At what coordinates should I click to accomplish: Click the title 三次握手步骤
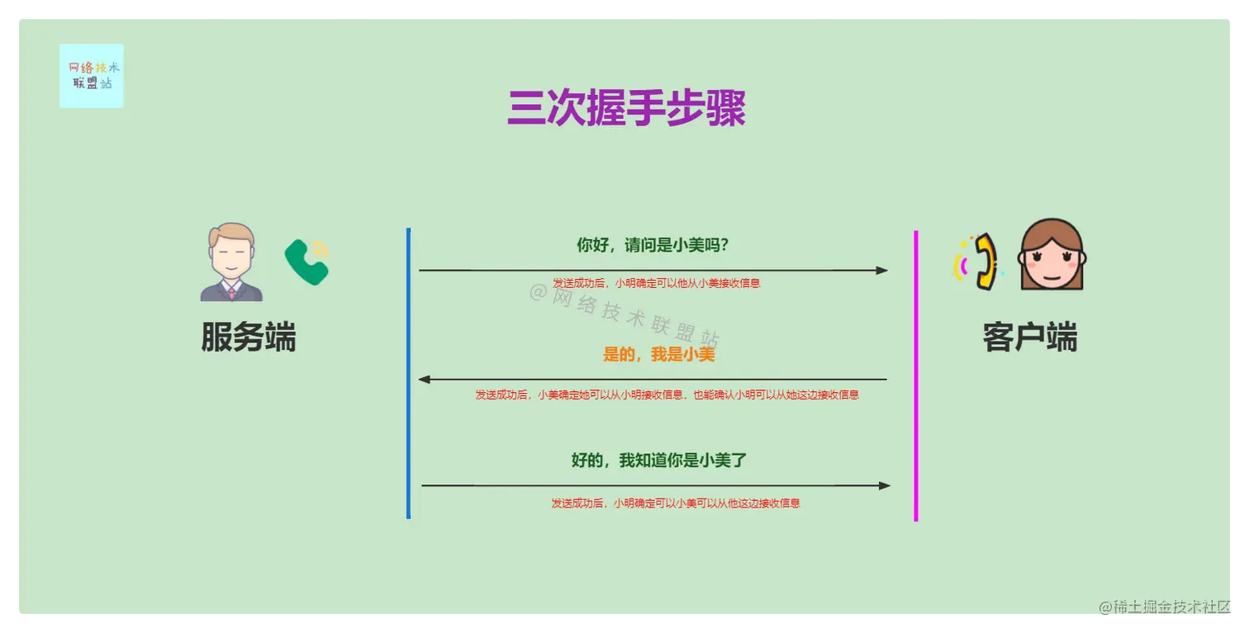click(x=626, y=108)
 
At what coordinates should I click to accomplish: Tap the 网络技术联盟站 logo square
click(x=91, y=75)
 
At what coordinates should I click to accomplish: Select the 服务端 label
click(x=248, y=337)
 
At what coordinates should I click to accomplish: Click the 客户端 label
click(x=1029, y=338)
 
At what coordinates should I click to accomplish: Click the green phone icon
click(x=306, y=262)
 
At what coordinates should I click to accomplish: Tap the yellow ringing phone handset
click(x=982, y=262)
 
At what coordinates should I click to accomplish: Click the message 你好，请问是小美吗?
click(x=652, y=245)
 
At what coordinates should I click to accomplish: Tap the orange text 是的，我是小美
click(x=658, y=354)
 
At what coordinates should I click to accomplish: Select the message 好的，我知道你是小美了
click(x=658, y=461)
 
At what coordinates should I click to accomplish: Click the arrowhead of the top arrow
click(x=882, y=270)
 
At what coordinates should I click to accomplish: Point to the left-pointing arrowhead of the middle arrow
click(x=425, y=380)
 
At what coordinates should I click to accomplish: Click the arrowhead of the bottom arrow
click(x=885, y=485)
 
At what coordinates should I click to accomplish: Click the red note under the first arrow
click(x=656, y=283)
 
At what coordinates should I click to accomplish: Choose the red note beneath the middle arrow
click(x=667, y=394)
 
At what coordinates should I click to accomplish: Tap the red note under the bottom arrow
click(x=675, y=503)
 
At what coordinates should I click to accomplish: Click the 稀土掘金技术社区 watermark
click(x=1166, y=607)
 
